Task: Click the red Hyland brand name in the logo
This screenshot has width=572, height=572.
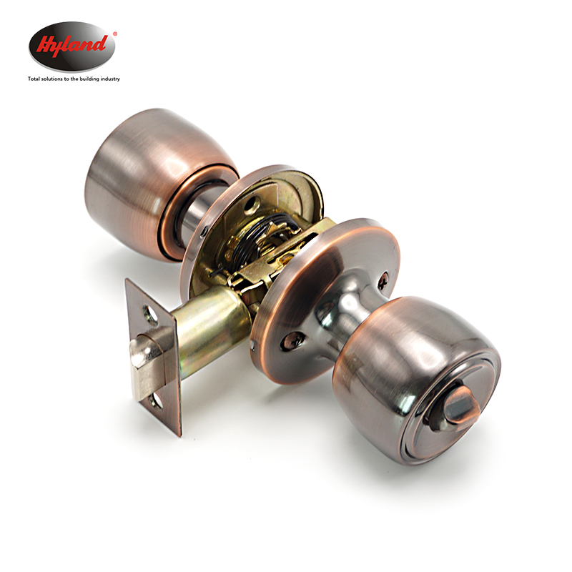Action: (72, 46)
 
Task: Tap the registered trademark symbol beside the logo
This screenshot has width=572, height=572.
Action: (115, 34)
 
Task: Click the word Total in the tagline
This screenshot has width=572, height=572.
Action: (34, 79)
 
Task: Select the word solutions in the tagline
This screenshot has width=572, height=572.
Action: (52, 79)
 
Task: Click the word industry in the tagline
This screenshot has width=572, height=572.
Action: (110, 79)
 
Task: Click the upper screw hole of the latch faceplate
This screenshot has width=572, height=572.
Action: (150, 315)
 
